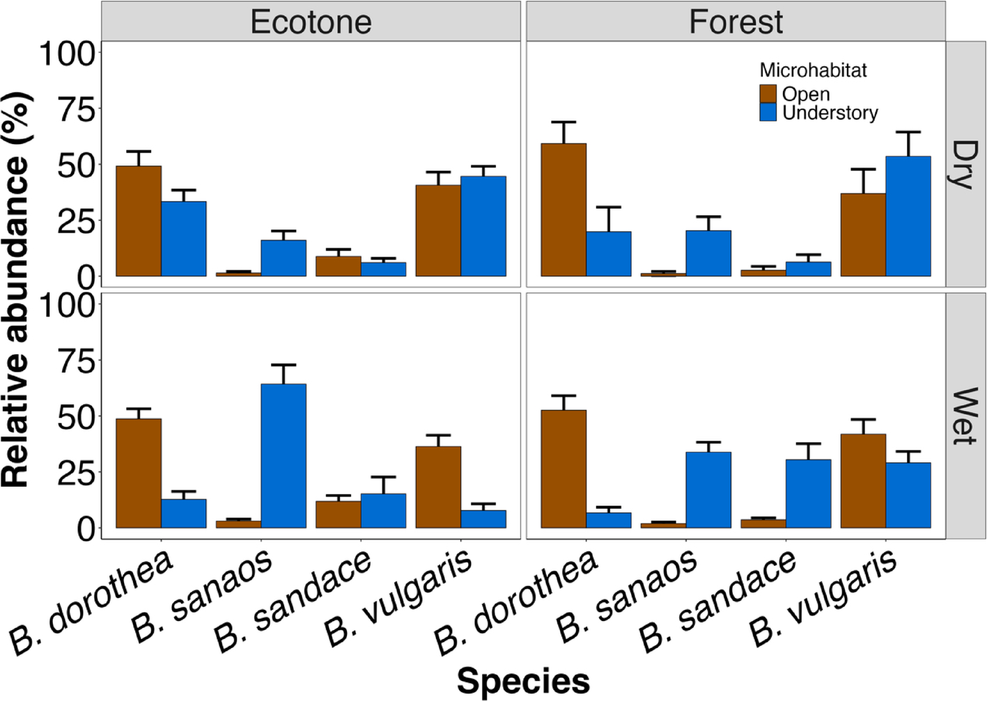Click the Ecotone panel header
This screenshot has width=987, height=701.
[x=311, y=22]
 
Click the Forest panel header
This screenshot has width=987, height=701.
[x=736, y=22]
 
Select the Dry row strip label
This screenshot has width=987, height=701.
[x=965, y=164]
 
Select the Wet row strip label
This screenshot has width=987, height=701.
[x=965, y=416]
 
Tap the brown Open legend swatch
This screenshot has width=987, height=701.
[x=768, y=94]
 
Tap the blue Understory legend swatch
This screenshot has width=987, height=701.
[x=768, y=113]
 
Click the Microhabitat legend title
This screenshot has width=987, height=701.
[x=813, y=70]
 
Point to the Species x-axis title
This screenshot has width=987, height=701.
[x=523, y=681]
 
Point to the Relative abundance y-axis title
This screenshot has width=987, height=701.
[x=17, y=289]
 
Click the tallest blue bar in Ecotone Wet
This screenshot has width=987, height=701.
[x=283, y=456]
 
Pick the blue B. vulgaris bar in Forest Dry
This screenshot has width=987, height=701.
[x=908, y=216]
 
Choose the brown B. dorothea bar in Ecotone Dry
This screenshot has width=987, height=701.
[x=139, y=221]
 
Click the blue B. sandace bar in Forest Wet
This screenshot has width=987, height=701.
[x=809, y=494]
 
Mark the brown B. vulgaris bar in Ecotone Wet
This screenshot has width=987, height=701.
[x=438, y=487]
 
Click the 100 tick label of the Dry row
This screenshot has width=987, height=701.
[x=67, y=54]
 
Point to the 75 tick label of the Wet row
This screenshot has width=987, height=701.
[x=77, y=361]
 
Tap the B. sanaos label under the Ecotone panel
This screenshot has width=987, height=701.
[x=202, y=596]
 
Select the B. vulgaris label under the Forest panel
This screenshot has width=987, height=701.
[x=823, y=599]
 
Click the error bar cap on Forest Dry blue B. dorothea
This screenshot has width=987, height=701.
[x=608, y=207]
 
